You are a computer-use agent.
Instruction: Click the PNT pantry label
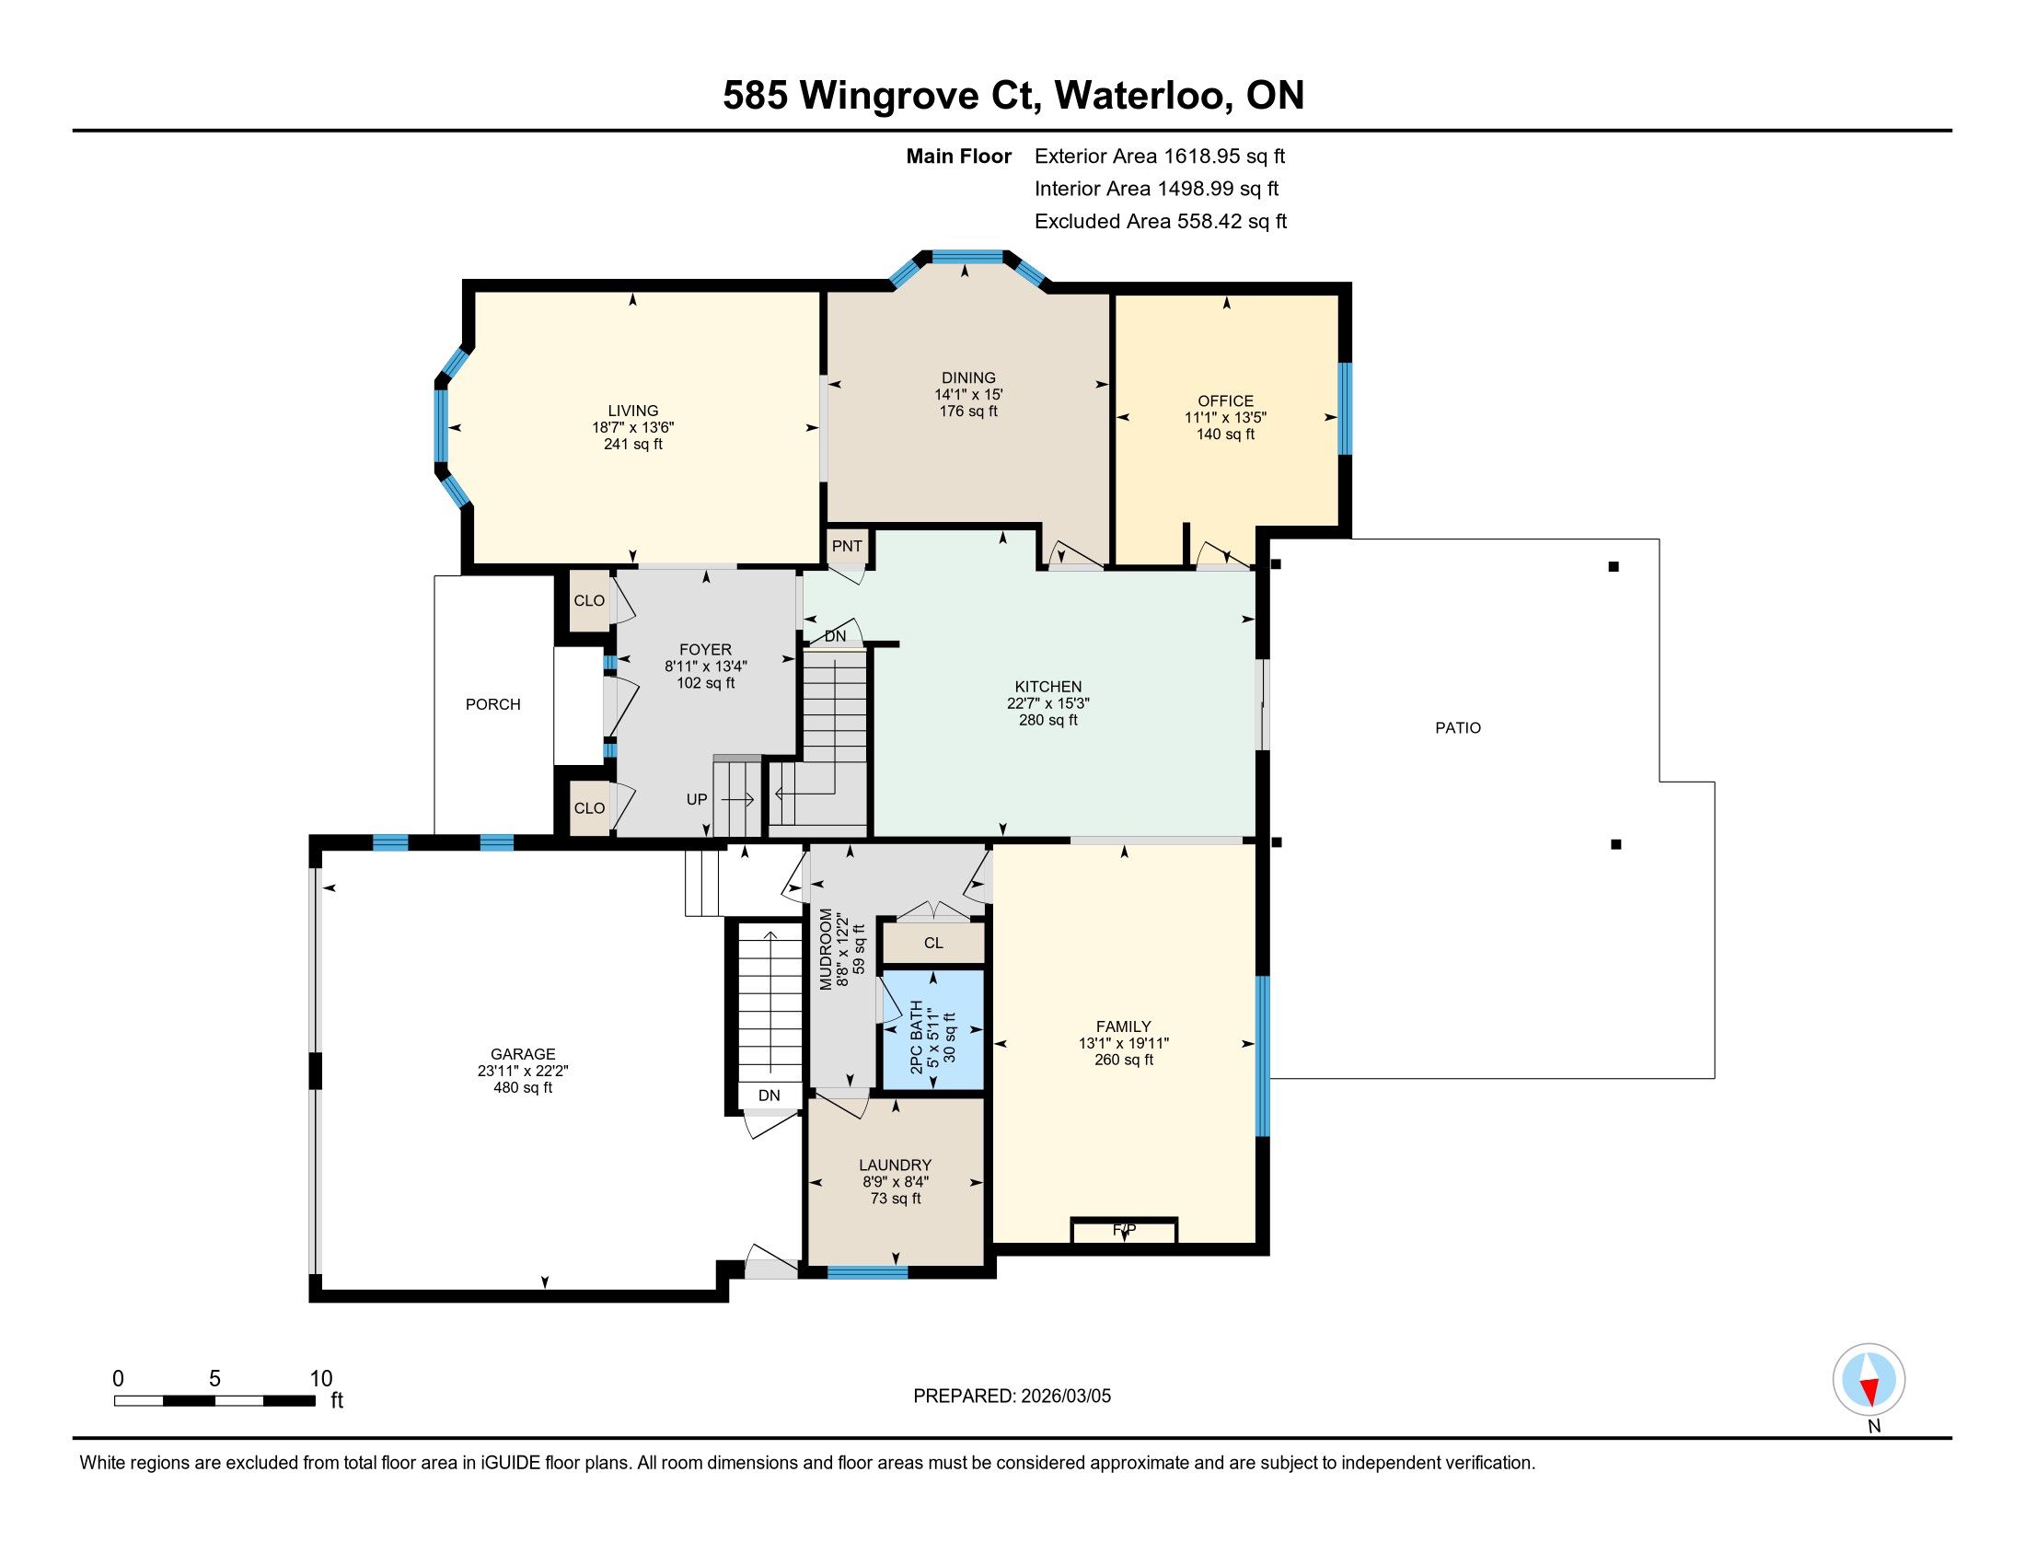[x=847, y=546]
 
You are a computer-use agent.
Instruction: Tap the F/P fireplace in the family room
[x=1124, y=1230]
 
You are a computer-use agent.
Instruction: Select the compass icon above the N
[x=1869, y=1380]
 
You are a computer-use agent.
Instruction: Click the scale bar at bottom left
[x=214, y=1400]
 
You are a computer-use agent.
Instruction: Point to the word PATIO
[x=1458, y=728]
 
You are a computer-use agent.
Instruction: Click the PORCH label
[x=492, y=704]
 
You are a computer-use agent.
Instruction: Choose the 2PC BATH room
[x=931, y=1029]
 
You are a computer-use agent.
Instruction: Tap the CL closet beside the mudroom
[x=932, y=943]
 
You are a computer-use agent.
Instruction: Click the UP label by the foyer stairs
[x=697, y=799]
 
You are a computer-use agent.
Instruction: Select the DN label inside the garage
[x=769, y=1095]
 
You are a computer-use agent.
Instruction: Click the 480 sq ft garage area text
[x=523, y=1087]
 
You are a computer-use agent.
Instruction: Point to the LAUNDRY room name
[x=895, y=1165]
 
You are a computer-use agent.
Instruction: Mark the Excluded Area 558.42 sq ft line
[x=1161, y=222]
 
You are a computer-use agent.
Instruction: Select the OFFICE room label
[x=1225, y=401]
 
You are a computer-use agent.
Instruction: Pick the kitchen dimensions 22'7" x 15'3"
[x=1047, y=703]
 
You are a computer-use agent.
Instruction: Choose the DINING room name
[x=968, y=378]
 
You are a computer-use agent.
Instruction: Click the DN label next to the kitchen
[x=835, y=637]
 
